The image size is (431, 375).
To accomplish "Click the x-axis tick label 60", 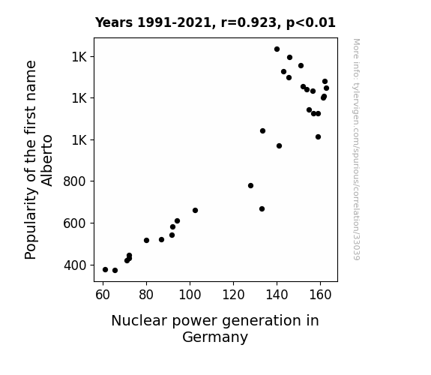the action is pyautogui.click(x=103, y=295).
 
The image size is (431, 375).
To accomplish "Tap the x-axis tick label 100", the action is pyautogui.click(x=190, y=295).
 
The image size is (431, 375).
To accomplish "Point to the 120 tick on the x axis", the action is pyautogui.click(x=233, y=295).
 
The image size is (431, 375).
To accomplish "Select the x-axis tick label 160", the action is pyautogui.click(x=320, y=295).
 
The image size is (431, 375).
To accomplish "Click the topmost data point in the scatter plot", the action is pyautogui.click(x=277, y=49).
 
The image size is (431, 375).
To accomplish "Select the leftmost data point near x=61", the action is pyautogui.click(x=105, y=270).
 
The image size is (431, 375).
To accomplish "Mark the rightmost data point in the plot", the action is pyautogui.click(x=326, y=88).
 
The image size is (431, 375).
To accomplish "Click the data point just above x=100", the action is pyautogui.click(x=195, y=211).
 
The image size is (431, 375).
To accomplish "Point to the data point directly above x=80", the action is pyautogui.click(x=146, y=241).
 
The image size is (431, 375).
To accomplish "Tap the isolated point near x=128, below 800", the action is pyautogui.click(x=250, y=186).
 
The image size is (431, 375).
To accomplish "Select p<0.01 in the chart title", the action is pyautogui.click(x=311, y=22).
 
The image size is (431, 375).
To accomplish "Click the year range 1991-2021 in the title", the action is pyautogui.click(x=174, y=22).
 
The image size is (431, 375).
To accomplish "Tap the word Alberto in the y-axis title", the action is pyautogui.click(x=46, y=160).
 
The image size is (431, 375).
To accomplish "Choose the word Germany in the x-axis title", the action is pyautogui.click(x=215, y=337).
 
